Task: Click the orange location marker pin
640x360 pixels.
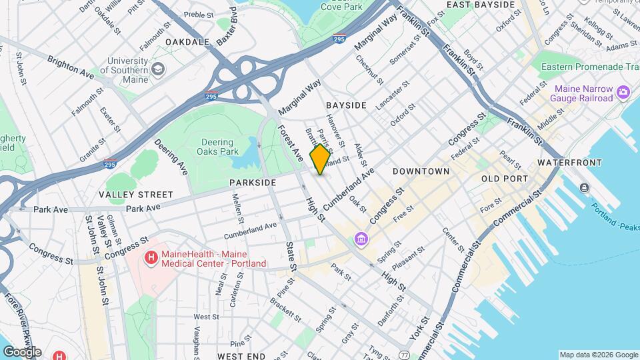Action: click(x=320, y=159)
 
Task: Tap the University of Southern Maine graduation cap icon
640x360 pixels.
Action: click(x=158, y=69)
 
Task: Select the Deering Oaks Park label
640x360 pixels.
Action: click(x=217, y=147)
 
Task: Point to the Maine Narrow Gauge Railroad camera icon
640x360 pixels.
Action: click(x=623, y=91)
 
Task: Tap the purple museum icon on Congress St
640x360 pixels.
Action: click(x=361, y=238)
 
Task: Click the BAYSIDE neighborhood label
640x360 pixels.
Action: click(x=346, y=106)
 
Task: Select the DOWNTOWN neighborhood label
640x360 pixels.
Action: click(x=421, y=171)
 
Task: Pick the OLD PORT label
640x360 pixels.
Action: click(x=505, y=179)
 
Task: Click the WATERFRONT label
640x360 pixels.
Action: click(x=569, y=163)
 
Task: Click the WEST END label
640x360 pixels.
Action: click(x=242, y=357)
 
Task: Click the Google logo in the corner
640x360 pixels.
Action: click(x=22, y=351)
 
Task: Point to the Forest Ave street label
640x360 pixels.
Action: click(x=291, y=142)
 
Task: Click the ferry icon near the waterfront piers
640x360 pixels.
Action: click(x=585, y=187)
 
